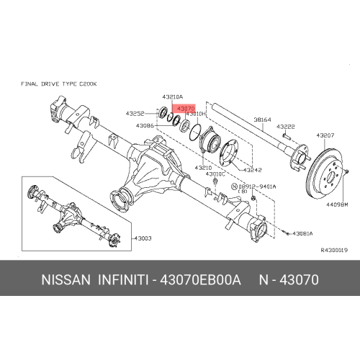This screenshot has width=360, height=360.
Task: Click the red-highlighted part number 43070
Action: (186, 109)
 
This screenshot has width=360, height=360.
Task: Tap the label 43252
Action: (135, 114)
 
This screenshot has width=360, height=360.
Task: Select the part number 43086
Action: (145, 125)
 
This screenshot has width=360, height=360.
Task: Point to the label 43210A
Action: (173, 97)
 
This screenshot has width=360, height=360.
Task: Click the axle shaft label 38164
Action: (263, 120)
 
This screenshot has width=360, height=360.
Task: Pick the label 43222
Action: (286, 127)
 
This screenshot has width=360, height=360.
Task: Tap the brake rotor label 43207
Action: (325, 135)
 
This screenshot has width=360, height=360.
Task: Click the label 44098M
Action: (337, 204)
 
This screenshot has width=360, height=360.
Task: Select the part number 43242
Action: (253, 170)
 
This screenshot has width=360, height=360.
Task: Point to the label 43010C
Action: (215, 174)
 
